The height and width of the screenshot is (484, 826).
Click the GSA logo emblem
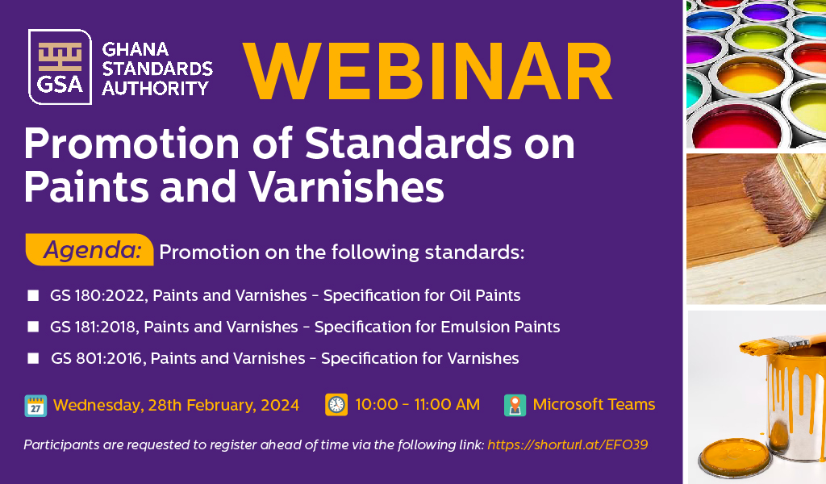click(60, 67)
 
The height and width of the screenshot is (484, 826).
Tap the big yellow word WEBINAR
click(428, 71)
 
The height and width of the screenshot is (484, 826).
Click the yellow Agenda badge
click(90, 249)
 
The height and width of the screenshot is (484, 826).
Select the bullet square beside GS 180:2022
click(33, 295)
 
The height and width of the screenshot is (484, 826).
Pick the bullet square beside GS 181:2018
click(33, 327)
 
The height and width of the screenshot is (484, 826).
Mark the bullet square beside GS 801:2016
click(33, 359)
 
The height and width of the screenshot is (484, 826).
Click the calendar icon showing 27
click(35, 406)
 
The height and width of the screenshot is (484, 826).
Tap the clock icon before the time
click(336, 404)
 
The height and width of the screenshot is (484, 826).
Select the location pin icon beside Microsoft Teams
click(515, 405)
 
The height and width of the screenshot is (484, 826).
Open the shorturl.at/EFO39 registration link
click(567, 445)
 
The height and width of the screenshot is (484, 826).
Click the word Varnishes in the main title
click(347, 187)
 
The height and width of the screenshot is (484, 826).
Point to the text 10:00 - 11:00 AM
click(418, 404)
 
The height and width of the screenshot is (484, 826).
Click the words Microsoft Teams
click(594, 404)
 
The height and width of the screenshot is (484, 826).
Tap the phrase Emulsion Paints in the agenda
click(500, 327)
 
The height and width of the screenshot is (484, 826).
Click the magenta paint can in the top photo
click(736, 126)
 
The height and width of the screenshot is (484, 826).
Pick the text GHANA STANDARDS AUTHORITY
click(157, 69)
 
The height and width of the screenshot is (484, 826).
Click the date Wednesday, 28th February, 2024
click(176, 405)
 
